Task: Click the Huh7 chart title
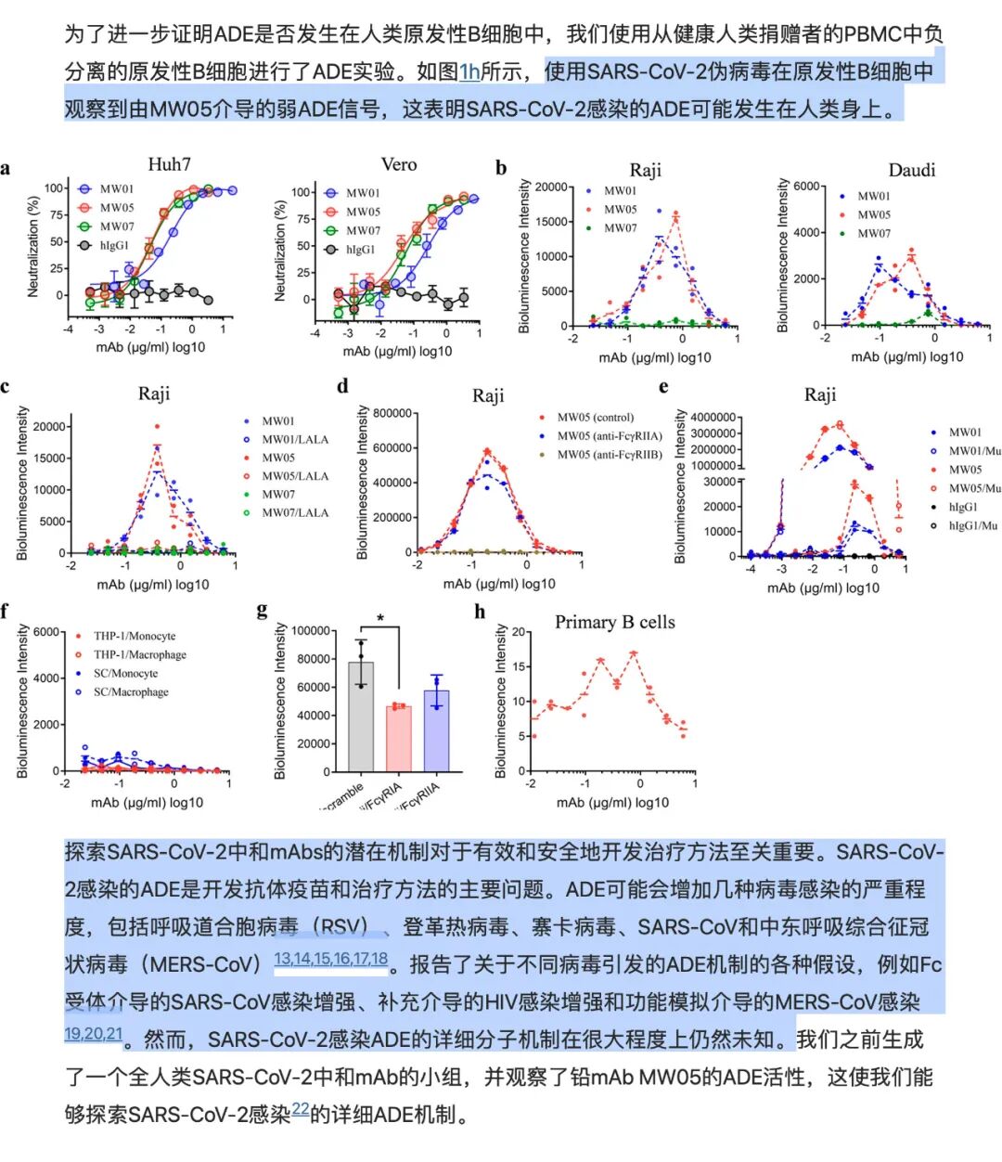(x=169, y=164)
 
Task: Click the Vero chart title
(x=399, y=164)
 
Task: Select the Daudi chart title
(x=911, y=170)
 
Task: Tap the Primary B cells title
(x=614, y=622)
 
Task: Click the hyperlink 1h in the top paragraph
(x=469, y=71)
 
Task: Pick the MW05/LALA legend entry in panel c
(x=294, y=476)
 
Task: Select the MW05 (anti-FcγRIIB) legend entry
(x=609, y=455)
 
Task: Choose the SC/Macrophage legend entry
(x=130, y=692)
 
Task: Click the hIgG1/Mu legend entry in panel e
(x=973, y=526)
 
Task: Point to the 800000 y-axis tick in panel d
(x=392, y=413)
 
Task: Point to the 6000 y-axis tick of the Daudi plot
(x=806, y=187)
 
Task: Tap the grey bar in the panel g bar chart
(x=361, y=716)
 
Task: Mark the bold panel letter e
(x=663, y=387)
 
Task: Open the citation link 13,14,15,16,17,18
(x=330, y=960)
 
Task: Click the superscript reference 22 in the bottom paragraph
(x=300, y=1109)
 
